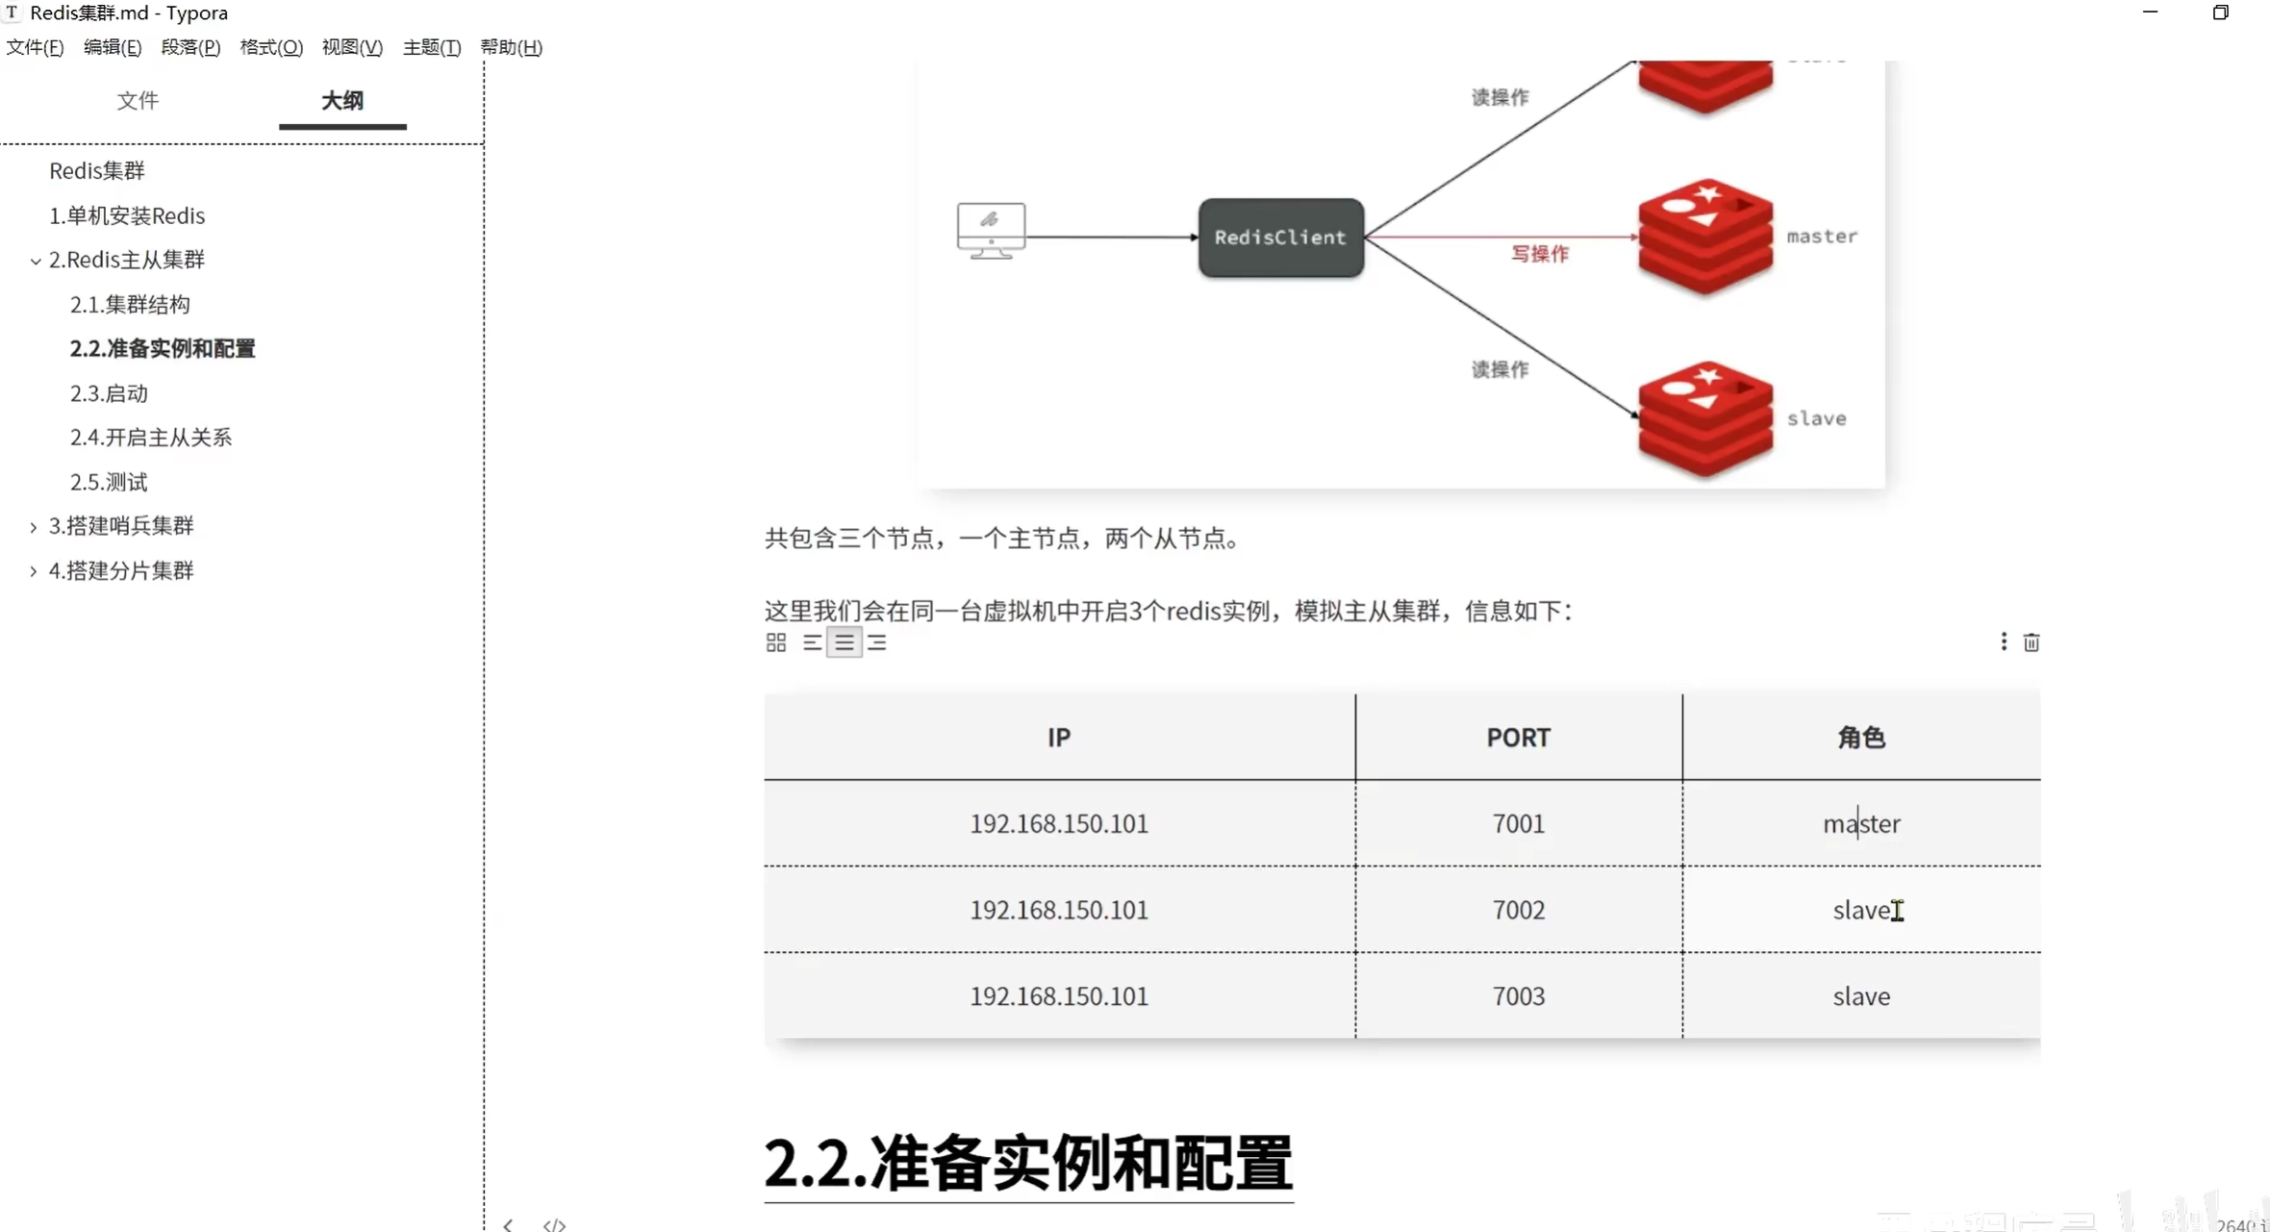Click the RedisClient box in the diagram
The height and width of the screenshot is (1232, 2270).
pos(1280,238)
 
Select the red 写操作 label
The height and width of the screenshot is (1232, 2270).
pos(1539,254)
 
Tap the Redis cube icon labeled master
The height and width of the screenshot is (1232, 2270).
pos(1704,237)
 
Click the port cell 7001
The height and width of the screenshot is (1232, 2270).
pos(1518,823)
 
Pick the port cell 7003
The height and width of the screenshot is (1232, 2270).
pos(1518,996)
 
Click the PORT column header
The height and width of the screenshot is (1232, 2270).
pos(1518,738)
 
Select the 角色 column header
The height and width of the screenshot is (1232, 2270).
pos(1860,738)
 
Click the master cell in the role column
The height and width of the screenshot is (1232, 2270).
pos(1860,823)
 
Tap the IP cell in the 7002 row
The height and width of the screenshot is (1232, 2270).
pos(1058,910)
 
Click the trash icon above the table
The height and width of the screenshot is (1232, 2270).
pos(2030,642)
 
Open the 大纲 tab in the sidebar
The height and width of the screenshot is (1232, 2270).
pos(341,101)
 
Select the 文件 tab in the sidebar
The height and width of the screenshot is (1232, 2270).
pos(138,101)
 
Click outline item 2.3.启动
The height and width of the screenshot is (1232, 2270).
pos(109,393)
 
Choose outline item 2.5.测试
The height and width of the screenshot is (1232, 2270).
pos(109,482)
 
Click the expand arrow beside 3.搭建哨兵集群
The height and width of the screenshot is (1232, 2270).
pos(34,527)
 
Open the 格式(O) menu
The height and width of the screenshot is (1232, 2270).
pos(270,47)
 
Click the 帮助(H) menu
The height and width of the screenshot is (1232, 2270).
pos(511,47)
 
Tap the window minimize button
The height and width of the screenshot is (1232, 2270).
pos(2150,13)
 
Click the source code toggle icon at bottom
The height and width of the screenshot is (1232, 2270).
pos(554,1224)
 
